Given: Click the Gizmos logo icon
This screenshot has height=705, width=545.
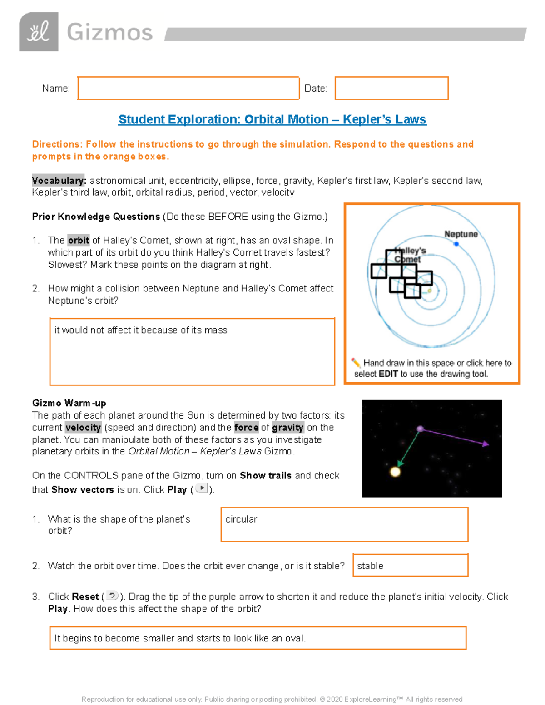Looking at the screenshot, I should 39,32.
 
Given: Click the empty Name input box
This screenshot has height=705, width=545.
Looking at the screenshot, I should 188,88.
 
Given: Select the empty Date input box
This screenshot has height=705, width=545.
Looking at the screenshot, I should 391,88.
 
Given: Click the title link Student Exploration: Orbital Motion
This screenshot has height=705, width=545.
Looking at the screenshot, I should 272,119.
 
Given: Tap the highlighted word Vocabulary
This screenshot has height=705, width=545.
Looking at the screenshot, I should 59,181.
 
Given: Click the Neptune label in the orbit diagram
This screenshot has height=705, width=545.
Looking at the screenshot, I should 461,234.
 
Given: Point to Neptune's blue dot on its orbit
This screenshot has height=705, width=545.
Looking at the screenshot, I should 456,244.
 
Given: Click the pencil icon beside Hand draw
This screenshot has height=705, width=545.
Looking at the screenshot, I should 356,362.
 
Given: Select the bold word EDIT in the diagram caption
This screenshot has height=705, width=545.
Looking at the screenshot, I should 388,374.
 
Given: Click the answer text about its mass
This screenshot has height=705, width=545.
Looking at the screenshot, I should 140,330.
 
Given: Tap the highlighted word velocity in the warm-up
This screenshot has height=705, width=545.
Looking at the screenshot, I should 83,428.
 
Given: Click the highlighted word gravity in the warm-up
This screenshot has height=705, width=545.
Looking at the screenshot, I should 287,428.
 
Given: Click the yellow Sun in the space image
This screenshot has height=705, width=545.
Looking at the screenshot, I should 396,472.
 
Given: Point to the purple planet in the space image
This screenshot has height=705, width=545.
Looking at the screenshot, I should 420,429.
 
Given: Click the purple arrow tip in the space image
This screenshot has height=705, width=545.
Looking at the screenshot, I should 486,444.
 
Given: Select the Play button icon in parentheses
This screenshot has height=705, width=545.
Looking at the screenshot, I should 202,488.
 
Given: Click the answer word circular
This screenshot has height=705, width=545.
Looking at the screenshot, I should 241,519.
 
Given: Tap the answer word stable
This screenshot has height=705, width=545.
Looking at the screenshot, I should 370,566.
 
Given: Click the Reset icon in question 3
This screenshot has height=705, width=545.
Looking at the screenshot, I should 112,596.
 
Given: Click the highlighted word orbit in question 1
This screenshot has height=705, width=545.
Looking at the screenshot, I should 79,240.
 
